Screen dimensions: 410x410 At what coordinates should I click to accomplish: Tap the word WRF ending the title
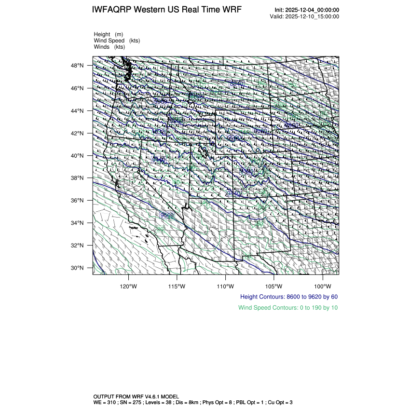point(231,10)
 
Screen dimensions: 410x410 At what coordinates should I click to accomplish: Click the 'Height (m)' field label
point(109,34)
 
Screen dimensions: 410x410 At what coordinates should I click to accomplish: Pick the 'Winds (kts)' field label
point(109,47)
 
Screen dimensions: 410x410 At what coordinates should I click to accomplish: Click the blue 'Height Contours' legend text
point(288,297)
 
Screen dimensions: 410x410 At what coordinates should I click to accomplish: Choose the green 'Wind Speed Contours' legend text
point(288,307)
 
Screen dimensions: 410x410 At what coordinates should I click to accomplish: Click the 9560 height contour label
point(167,215)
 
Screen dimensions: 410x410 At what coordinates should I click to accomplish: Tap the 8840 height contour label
point(236,84)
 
